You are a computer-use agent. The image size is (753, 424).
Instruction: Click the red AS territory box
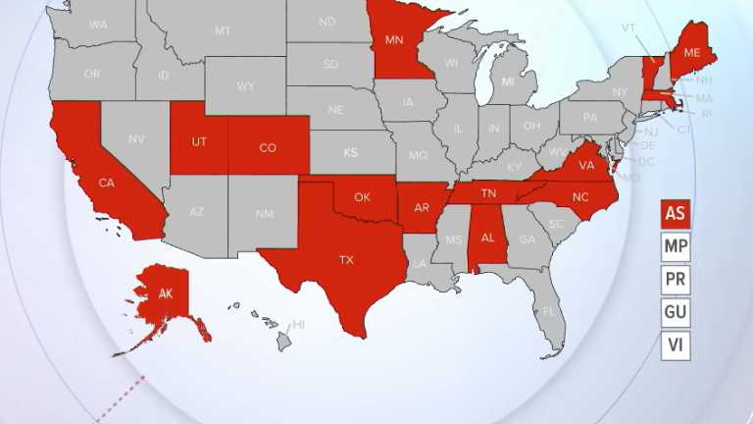click(675, 213)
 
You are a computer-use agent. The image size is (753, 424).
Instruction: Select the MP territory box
click(675, 246)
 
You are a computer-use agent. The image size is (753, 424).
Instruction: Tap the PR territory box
click(675, 280)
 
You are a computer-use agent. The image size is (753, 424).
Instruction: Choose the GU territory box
click(675, 312)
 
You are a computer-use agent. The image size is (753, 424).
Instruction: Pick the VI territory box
click(675, 344)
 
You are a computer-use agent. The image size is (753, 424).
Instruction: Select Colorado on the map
click(268, 148)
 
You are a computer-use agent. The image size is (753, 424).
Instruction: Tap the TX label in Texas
click(346, 260)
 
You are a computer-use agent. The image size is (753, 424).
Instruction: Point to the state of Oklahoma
click(362, 197)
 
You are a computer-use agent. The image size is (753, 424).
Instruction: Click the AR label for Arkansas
click(422, 208)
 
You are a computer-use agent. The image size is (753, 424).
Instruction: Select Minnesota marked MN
click(394, 40)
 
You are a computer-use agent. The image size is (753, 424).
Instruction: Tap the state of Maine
click(691, 52)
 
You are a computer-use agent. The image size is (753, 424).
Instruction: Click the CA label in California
click(107, 183)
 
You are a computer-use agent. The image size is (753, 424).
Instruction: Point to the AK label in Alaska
click(166, 293)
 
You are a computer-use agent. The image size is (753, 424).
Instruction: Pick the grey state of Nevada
click(136, 139)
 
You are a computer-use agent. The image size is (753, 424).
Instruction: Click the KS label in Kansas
click(350, 153)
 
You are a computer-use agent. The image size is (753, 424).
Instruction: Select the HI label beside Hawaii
click(299, 324)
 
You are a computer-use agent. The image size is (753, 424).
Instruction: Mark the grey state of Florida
click(549, 312)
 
